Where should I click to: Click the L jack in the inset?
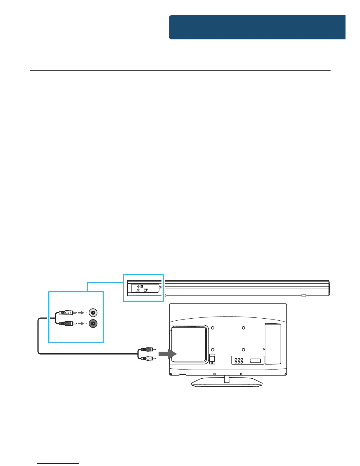point(93,313)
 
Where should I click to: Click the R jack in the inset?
point(93,324)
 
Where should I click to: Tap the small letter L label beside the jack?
point(86,313)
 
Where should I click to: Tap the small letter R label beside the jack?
point(86,324)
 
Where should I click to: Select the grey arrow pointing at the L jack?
point(81,313)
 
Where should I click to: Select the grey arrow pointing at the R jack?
point(81,324)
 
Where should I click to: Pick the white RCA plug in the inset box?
point(66,313)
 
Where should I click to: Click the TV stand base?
point(227,382)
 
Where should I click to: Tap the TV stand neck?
point(227,378)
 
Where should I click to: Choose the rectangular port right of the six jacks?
point(255,360)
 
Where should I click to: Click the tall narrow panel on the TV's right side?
point(273,344)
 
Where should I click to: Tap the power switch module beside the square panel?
point(212,359)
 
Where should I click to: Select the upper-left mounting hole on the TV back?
point(213,328)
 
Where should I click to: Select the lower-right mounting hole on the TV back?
point(244,349)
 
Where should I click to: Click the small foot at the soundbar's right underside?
point(304,295)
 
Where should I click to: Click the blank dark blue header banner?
point(257,27)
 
